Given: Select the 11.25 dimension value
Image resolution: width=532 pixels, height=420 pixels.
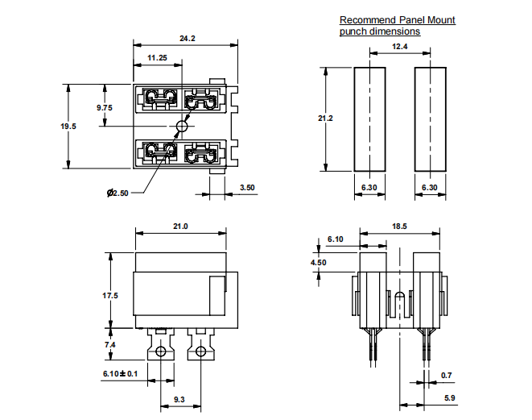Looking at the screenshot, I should [x=157, y=58].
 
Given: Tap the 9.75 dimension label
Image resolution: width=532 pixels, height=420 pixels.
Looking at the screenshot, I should [x=105, y=107].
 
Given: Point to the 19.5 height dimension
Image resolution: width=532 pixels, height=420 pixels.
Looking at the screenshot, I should [x=69, y=126].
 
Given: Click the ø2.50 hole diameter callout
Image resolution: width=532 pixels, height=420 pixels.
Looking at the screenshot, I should [x=118, y=193].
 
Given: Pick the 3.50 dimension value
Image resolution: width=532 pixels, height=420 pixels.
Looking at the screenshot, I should [x=247, y=188].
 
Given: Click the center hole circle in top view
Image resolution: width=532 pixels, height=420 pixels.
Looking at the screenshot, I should [x=182, y=126].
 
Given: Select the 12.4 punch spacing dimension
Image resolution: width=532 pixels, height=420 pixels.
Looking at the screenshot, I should [x=400, y=47].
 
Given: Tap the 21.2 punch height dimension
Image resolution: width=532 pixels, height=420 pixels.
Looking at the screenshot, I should [x=326, y=119].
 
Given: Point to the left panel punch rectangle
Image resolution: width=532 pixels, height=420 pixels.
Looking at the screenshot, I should [x=369, y=119].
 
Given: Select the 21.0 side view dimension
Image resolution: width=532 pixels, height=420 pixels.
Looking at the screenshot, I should [x=179, y=227].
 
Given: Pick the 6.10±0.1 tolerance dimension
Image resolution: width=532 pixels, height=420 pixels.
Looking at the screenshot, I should [x=120, y=373].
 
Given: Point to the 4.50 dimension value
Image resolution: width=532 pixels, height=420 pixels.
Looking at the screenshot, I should [x=319, y=262].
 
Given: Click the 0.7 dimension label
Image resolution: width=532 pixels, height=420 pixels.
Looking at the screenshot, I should [x=447, y=375].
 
